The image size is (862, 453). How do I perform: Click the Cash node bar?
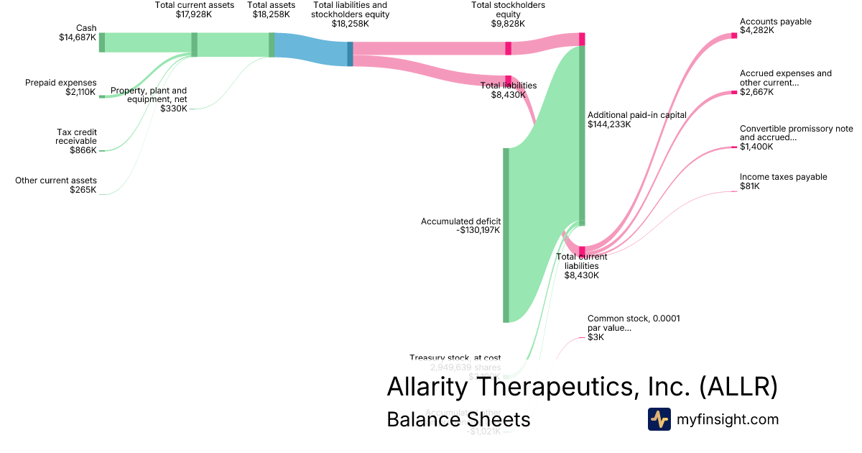(x=102, y=42)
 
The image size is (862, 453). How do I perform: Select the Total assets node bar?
(x=272, y=45)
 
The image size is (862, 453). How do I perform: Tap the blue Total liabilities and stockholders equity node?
(x=350, y=54)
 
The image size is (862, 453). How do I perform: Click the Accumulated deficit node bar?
(x=506, y=235)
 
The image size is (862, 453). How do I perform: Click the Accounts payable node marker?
(x=734, y=35)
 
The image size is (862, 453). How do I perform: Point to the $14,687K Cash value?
(x=78, y=37)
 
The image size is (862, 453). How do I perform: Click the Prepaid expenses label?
(x=60, y=83)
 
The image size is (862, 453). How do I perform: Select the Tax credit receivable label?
(x=76, y=137)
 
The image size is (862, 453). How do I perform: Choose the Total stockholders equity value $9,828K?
(x=508, y=23)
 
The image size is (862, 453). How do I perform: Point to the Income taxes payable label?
(x=783, y=177)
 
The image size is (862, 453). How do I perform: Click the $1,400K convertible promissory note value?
(x=756, y=147)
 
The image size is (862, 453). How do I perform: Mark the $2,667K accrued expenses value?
(x=756, y=92)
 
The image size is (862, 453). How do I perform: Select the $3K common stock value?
(x=595, y=337)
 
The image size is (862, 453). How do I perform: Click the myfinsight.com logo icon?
(x=659, y=419)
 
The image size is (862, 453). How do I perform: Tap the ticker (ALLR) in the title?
(x=738, y=386)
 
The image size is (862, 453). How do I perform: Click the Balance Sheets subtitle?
(x=458, y=419)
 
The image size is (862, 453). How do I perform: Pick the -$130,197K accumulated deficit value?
(x=478, y=230)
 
